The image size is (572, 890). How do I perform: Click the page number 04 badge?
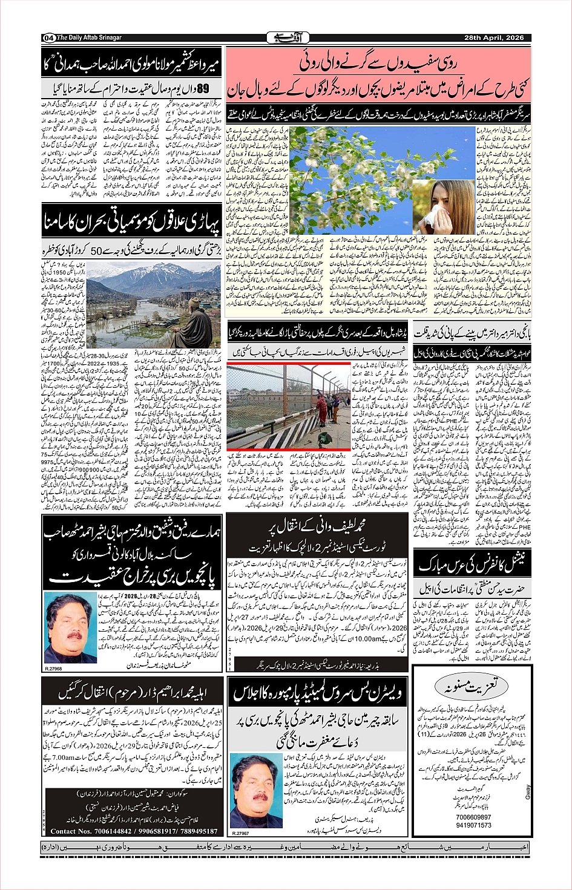(48, 38)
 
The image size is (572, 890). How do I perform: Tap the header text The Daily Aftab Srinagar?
(90, 38)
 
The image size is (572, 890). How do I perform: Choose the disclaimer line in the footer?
(286, 845)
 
